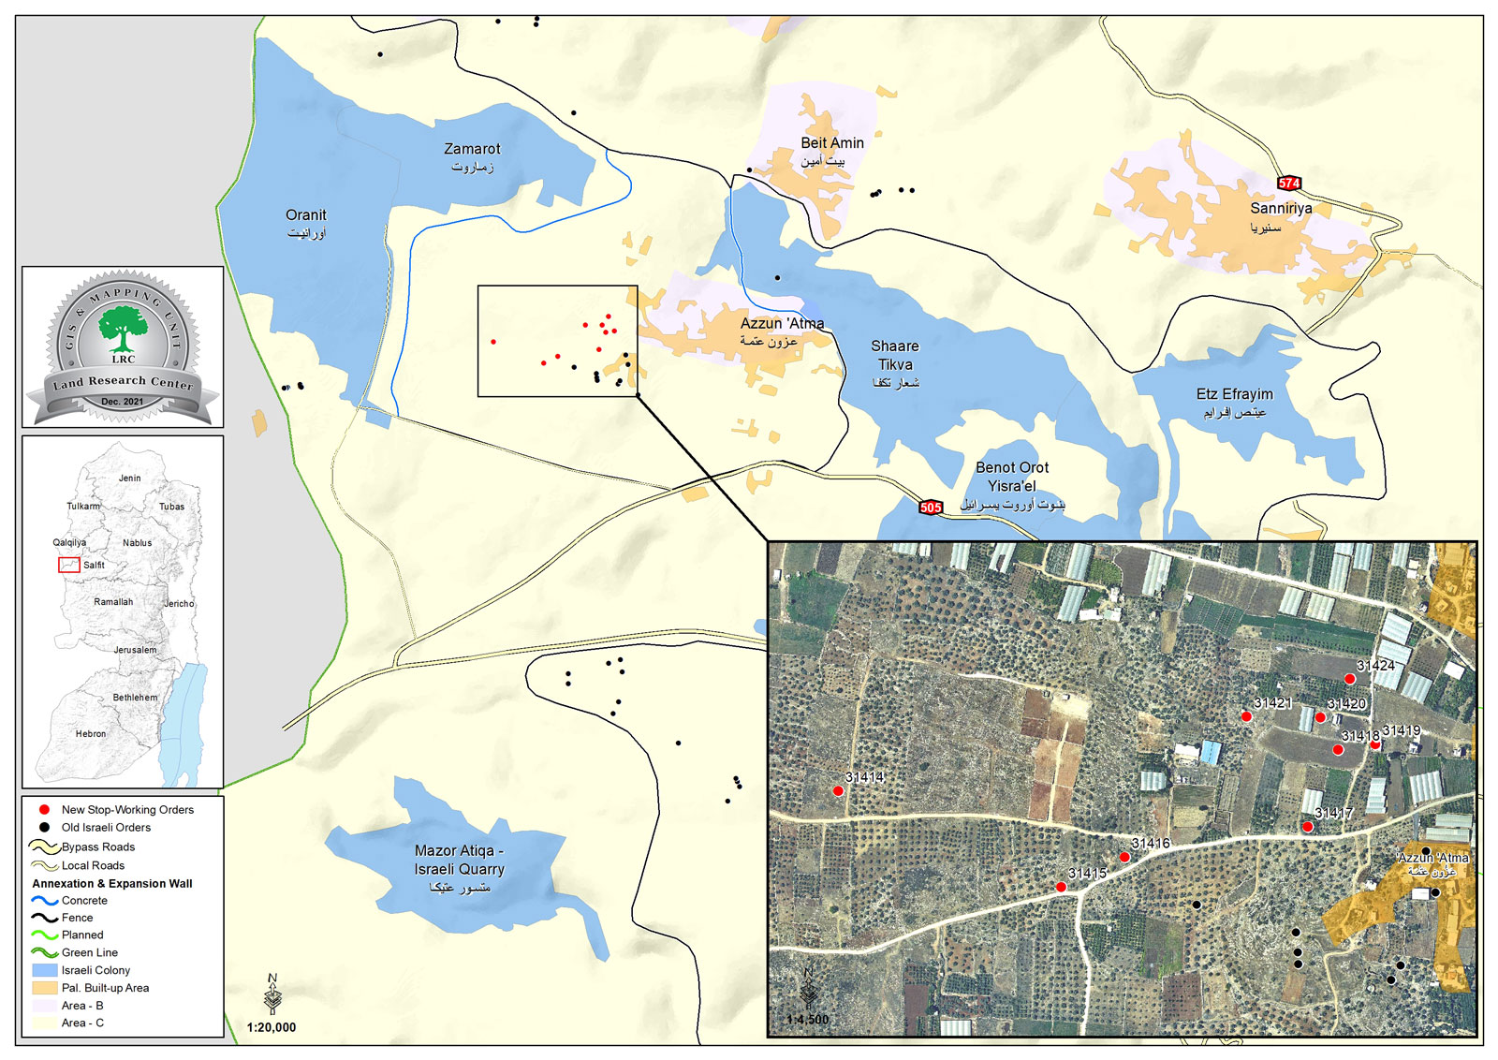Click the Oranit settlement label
[306, 223]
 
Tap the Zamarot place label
[472, 156]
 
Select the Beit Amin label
[831, 150]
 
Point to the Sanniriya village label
[1280, 216]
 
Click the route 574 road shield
[1289, 184]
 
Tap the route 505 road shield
[931, 508]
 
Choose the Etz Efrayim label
[1234, 402]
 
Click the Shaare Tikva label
[895, 363]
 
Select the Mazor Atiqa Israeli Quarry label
[460, 868]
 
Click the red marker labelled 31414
[838, 791]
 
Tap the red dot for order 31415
[1061, 887]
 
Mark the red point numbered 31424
[1349, 679]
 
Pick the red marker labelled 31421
[1246, 716]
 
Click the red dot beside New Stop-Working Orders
[44, 809]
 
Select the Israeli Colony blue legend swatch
[44, 970]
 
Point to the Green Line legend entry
[89, 952]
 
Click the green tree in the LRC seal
[122, 329]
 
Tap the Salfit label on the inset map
[94, 566]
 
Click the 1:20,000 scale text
[272, 1027]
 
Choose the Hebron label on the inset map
[91, 734]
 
